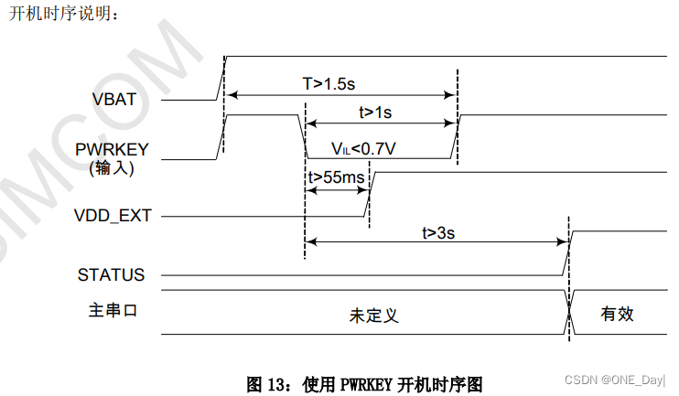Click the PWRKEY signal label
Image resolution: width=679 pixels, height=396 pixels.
point(113,149)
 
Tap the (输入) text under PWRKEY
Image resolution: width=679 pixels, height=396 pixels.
point(112,167)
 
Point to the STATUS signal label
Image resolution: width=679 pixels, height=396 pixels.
point(111,274)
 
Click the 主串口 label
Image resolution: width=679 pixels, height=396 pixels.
point(106,311)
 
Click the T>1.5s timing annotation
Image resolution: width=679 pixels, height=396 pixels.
point(329,83)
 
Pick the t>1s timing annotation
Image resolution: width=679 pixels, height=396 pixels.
point(375,112)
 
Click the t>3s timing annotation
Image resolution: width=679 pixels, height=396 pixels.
point(438,232)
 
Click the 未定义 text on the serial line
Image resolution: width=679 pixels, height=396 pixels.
point(374,316)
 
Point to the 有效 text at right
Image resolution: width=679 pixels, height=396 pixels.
point(617,315)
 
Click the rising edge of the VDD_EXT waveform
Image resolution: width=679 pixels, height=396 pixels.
point(368,194)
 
